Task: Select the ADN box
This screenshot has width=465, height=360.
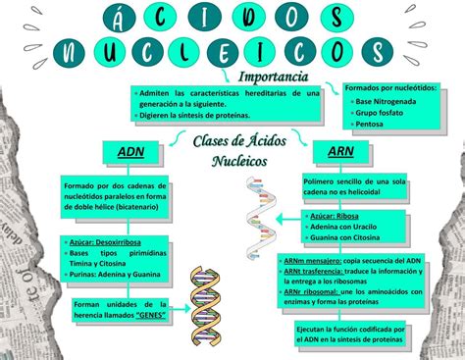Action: point(130,152)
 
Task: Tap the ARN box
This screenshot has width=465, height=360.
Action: point(340,152)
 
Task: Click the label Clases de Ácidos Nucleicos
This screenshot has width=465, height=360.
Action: point(232,151)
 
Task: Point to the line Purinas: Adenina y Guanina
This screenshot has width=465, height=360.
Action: point(119,274)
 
